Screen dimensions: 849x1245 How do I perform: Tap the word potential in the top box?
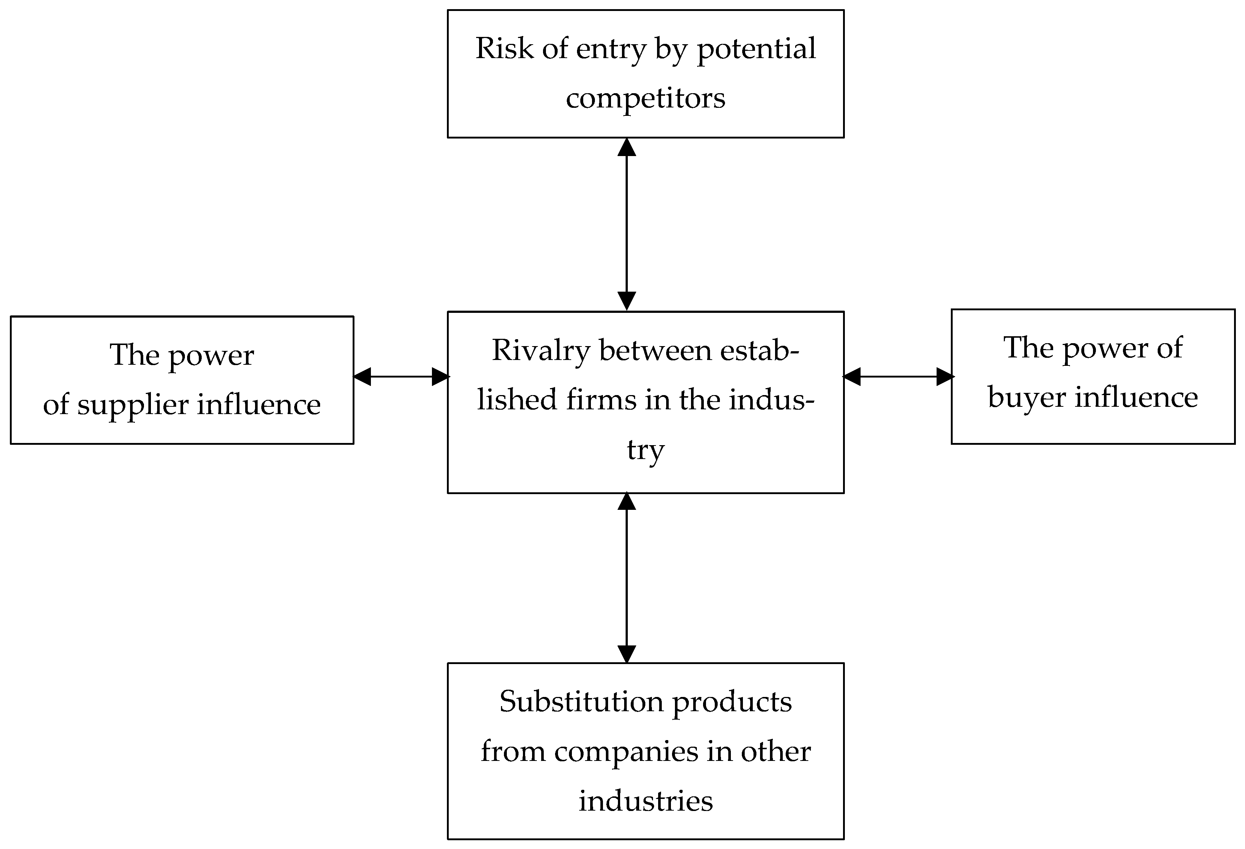[x=756, y=50]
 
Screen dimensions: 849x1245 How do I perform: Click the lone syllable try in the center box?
[x=646, y=450]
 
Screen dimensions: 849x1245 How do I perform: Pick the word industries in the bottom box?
[x=646, y=801]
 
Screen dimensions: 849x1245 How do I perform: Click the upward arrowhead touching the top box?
[x=627, y=147]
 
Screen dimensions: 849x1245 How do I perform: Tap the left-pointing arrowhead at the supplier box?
[x=363, y=376]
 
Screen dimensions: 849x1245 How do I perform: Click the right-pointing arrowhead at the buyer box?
[x=945, y=376]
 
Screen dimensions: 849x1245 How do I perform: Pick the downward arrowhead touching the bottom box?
[x=627, y=654]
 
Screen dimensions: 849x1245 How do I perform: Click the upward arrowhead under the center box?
[x=627, y=502]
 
